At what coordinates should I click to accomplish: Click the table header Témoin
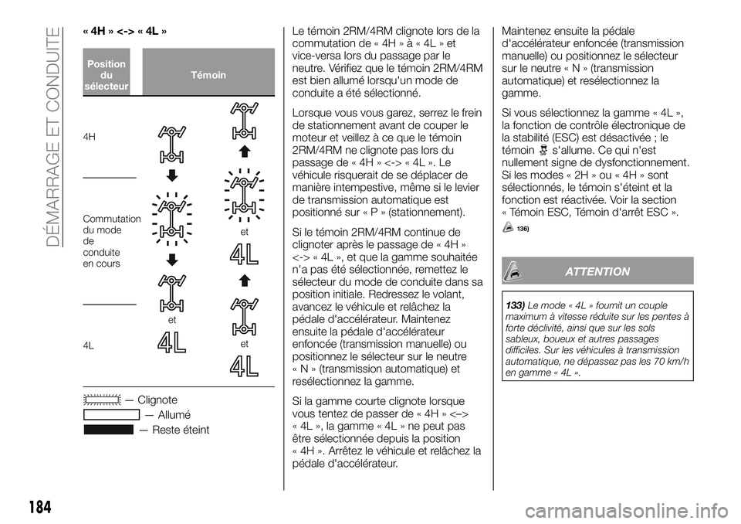[x=208, y=75]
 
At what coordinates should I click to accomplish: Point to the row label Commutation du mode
[x=110, y=225]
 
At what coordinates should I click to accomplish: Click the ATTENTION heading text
[x=597, y=271]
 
